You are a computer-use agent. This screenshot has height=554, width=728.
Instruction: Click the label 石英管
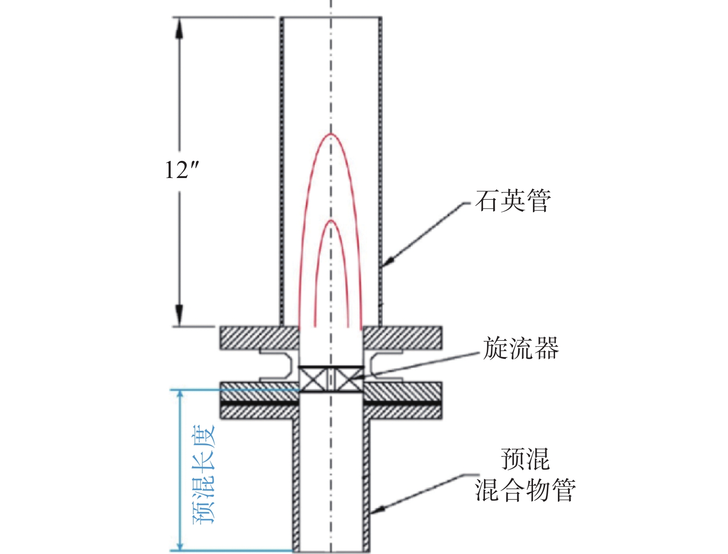(513, 201)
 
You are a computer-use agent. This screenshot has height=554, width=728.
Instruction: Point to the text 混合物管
(525, 490)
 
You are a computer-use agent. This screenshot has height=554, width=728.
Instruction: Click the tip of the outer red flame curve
(330, 134)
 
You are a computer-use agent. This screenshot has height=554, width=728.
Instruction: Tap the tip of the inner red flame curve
(330, 220)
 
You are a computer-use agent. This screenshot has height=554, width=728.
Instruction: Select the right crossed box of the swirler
(349, 380)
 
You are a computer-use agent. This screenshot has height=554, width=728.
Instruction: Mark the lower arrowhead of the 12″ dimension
(179, 315)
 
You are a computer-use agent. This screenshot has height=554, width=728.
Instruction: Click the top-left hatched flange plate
(260, 338)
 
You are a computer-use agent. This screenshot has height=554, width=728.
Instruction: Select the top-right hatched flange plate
(402, 338)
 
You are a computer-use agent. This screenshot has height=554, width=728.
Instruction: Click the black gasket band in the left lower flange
(260, 403)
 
